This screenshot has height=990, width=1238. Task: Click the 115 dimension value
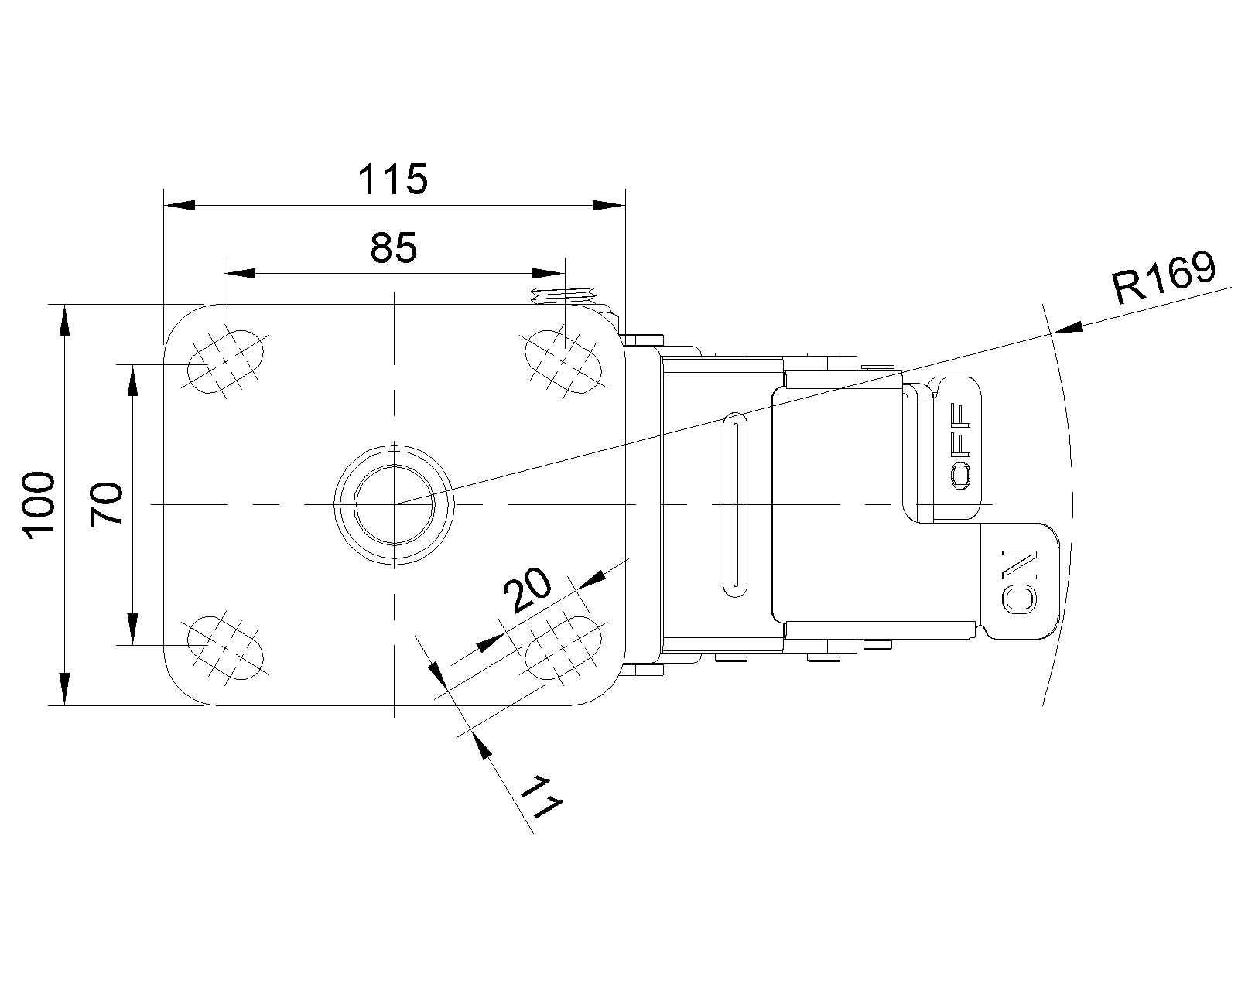393,179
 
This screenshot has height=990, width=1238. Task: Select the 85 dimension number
394,248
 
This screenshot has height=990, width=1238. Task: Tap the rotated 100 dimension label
39,505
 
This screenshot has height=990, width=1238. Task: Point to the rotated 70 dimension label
107,504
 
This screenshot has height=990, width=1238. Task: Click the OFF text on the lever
960,445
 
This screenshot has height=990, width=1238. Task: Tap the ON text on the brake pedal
1019,581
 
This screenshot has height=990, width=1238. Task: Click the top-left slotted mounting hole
225,362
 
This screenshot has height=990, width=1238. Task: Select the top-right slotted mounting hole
563,361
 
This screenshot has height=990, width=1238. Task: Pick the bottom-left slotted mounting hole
225,647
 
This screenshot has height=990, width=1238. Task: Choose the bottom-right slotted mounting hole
563,647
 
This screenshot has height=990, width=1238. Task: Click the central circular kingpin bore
394,504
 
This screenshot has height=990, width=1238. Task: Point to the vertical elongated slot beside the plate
735,504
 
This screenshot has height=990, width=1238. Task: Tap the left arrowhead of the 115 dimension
180,205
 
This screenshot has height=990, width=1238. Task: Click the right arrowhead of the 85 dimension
549,273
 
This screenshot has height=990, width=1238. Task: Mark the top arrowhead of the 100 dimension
64,320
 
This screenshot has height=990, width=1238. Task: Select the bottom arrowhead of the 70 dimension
133,630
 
